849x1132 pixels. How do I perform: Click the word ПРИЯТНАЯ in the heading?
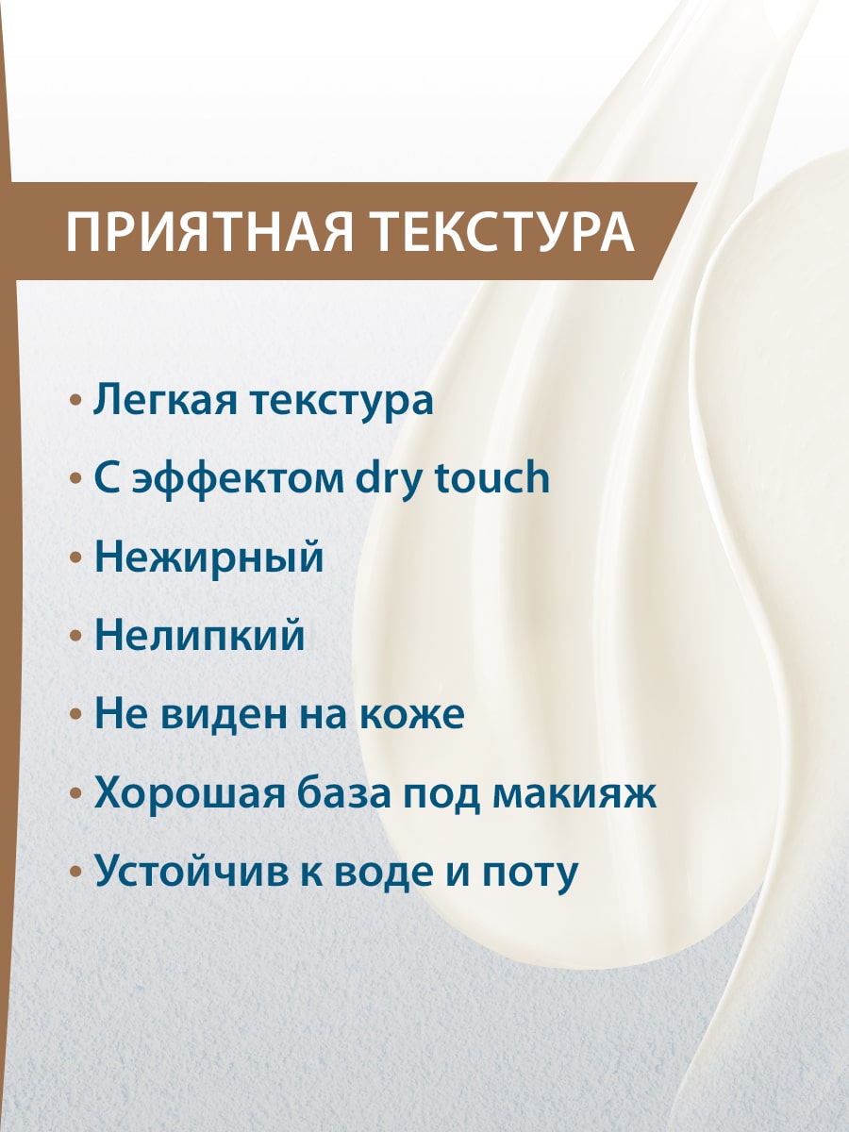click(x=208, y=233)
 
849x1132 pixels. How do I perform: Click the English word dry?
click(x=391, y=479)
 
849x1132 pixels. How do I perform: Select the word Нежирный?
click(x=208, y=558)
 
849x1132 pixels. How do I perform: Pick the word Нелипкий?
click(x=199, y=637)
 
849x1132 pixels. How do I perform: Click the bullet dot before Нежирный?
click(x=76, y=558)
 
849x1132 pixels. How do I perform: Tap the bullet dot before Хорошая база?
click(x=76, y=794)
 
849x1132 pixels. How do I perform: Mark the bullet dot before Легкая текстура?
click(x=76, y=401)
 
